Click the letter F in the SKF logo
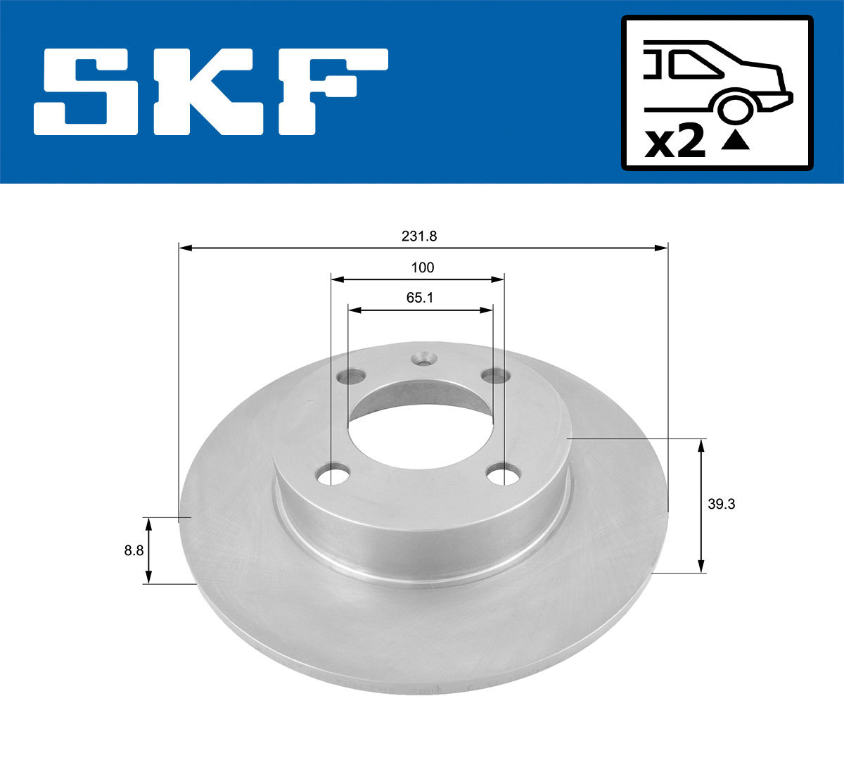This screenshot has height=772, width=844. (331, 91)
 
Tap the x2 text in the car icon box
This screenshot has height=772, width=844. (674, 143)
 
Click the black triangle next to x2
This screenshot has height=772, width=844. (736, 141)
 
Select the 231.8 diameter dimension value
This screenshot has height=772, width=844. (419, 236)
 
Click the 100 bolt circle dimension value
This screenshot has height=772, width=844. (423, 267)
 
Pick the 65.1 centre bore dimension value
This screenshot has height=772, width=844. (420, 298)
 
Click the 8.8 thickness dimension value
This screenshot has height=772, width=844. (134, 550)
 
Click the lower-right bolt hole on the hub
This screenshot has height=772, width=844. (502, 474)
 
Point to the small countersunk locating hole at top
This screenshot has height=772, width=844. (423, 360)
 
